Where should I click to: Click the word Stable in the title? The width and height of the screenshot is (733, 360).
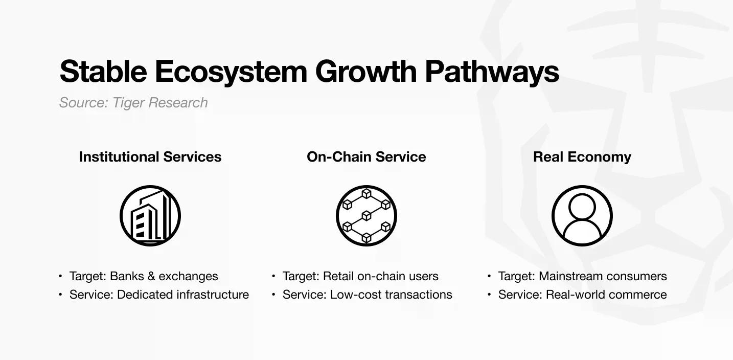pyautogui.click(x=103, y=71)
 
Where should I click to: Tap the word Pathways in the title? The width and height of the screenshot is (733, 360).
pyautogui.click(x=492, y=73)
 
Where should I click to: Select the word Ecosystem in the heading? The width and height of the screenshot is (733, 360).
pyautogui.click(x=231, y=73)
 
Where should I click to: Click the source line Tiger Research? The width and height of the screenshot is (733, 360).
pyautogui.click(x=133, y=102)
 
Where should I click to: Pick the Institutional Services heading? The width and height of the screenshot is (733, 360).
pyautogui.click(x=150, y=157)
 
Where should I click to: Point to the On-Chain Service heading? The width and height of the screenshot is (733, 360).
pyautogui.click(x=366, y=157)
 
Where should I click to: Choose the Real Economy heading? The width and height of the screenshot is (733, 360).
pyautogui.click(x=582, y=157)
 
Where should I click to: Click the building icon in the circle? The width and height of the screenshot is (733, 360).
pyautogui.click(x=150, y=216)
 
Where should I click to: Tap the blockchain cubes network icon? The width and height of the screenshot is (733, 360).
pyautogui.click(x=366, y=216)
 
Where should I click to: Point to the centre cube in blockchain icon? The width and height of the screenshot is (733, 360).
pyautogui.click(x=366, y=216)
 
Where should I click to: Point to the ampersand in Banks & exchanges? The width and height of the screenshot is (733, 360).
pyautogui.click(x=151, y=276)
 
